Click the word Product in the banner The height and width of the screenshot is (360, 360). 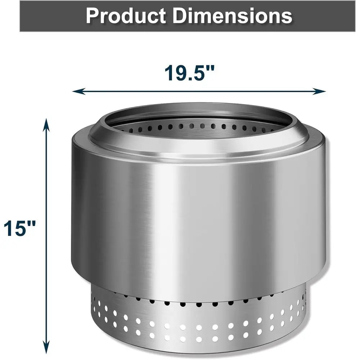[126, 16]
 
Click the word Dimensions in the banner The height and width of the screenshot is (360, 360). [232, 16]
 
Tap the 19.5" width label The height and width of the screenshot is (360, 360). [189, 73]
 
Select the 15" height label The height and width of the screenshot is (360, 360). [20, 228]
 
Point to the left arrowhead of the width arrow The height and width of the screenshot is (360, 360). [78, 91]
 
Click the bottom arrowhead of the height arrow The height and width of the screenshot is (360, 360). [46, 347]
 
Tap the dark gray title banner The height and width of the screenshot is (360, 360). [187, 16]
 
